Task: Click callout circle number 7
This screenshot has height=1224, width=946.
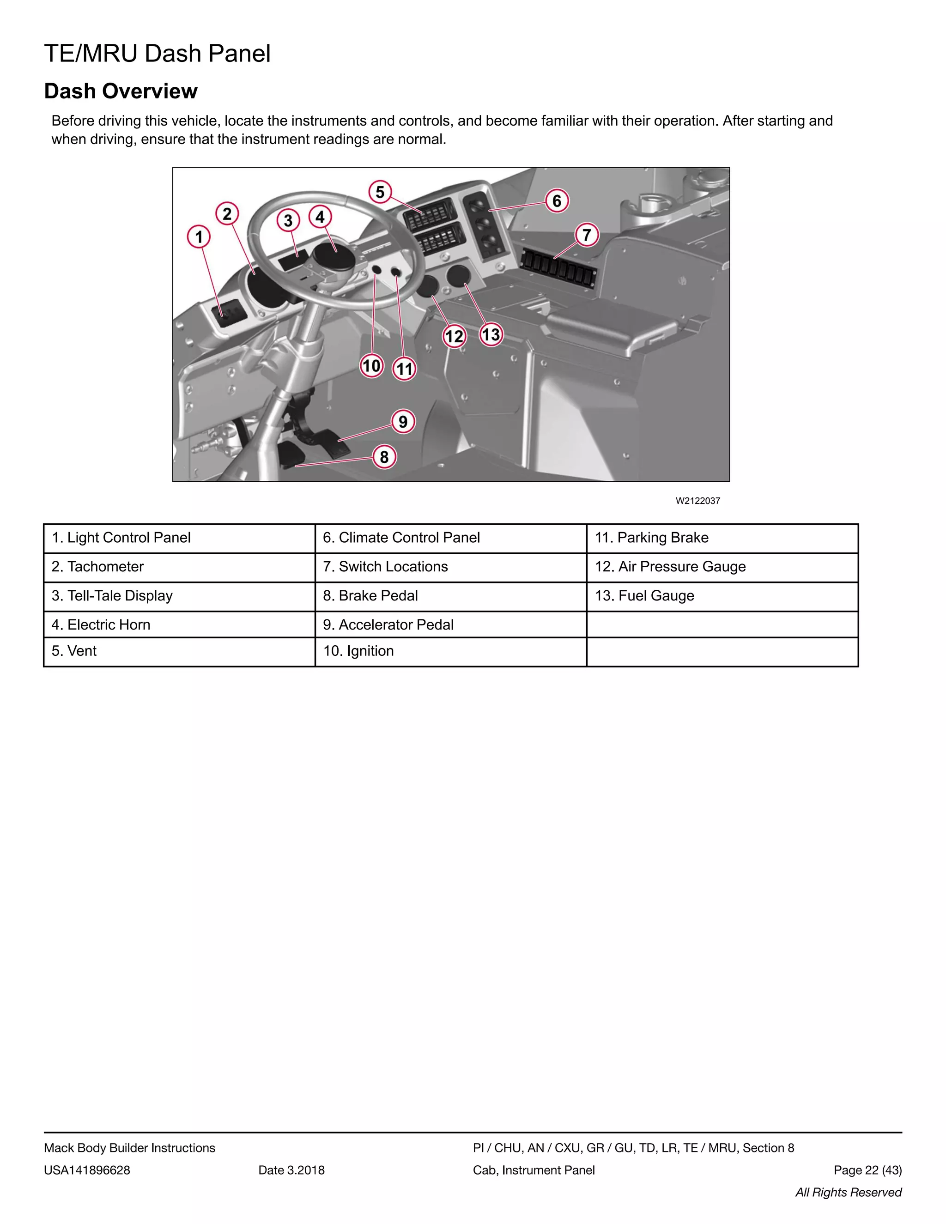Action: coord(587,235)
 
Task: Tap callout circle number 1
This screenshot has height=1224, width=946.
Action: coord(198,236)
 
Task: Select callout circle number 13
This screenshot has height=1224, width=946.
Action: coord(491,334)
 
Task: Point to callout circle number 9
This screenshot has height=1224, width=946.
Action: coord(403,421)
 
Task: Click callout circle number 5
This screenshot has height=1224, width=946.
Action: coord(380,192)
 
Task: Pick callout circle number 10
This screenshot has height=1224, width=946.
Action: coord(371,366)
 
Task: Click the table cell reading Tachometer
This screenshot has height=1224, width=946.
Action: coord(179,567)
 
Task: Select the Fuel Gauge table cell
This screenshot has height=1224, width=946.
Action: coord(722,596)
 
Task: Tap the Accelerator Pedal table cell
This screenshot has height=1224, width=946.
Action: coord(450,624)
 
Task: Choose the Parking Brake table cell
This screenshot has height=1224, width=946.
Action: coord(722,538)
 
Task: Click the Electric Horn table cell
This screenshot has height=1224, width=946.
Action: coord(179,624)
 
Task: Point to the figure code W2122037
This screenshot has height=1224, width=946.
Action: coord(698,501)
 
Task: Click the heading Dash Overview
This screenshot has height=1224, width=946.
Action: coord(121,91)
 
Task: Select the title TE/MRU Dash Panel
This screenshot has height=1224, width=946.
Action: coord(158,54)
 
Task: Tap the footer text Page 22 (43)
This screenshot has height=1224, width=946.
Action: coord(867,1170)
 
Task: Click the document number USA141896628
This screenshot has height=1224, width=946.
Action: coord(87,1170)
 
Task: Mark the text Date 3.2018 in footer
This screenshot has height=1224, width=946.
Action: coord(291,1170)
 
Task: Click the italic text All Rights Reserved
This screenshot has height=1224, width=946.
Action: coord(848,1192)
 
